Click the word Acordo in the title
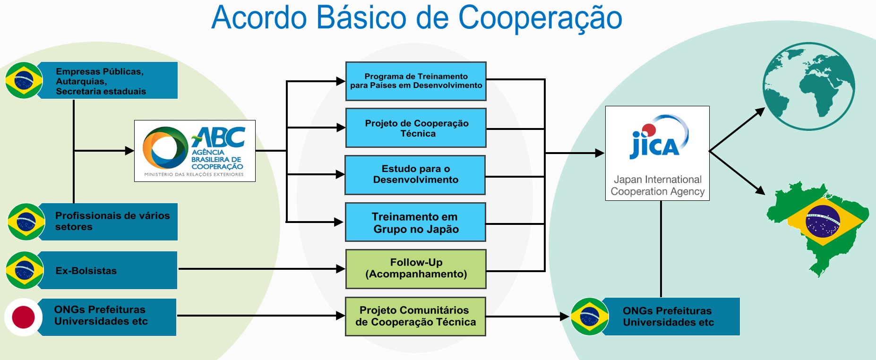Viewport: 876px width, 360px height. (x=259, y=18)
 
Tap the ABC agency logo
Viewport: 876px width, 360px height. (x=195, y=151)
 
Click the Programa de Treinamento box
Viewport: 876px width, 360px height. (x=416, y=81)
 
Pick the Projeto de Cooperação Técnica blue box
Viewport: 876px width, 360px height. (x=416, y=128)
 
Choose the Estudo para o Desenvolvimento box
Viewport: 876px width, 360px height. (x=415, y=174)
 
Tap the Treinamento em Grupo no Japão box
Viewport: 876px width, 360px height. (x=415, y=223)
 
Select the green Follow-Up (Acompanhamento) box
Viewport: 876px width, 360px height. (x=416, y=268)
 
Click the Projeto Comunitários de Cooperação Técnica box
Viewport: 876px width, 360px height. (x=415, y=316)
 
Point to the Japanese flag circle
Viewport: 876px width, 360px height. (x=24, y=317)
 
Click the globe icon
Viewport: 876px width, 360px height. (x=808, y=86)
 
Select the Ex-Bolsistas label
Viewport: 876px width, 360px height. (x=86, y=271)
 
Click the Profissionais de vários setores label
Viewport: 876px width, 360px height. (x=112, y=221)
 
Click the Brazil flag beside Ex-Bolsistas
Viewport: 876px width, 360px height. (x=25, y=270)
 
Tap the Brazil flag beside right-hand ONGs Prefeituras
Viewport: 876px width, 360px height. (x=589, y=317)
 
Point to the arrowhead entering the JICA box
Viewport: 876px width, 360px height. (x=600, y=153)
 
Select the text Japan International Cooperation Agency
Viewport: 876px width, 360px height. (x=657, y=186)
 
